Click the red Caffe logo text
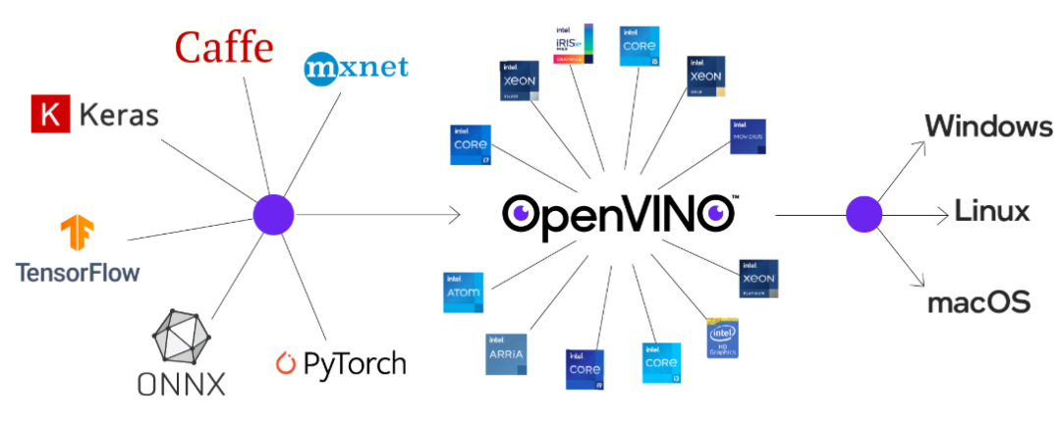[x=224, y=47]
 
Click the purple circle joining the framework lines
[x=274, y=214]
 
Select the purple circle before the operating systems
[x=865, y=214]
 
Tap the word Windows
[x=987, y=127]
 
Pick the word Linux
[x=992, y=212]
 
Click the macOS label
[x=978, y=301]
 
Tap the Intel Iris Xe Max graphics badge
[x=574, y=43]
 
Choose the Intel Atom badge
[x=463, y=292]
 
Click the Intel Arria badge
[x=506, y=354]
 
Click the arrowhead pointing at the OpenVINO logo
[x=455, y=214]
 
